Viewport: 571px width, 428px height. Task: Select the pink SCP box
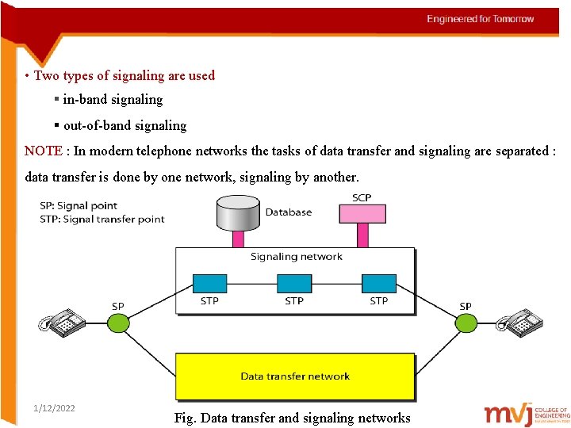pos(362,213)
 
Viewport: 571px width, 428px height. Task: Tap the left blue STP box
pos(209,283)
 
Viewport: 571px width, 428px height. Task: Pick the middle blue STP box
pos(294,283)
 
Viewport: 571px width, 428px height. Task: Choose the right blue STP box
pos(379,283)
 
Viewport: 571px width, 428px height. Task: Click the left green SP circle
pos(118,322)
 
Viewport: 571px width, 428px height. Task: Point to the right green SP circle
pos(466,322)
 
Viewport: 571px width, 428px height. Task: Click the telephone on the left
pos(63,323)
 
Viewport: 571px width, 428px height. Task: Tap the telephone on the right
pos(519,323)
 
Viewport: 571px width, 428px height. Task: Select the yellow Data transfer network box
pos(295,376)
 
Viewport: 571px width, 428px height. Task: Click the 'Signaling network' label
pos(297,257)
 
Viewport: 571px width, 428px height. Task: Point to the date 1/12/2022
pos(55,408)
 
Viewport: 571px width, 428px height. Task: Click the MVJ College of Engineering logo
pos(527,414)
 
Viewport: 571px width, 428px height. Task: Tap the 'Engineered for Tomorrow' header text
pos(481,19)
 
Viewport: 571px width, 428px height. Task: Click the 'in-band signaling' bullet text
pos(113,100)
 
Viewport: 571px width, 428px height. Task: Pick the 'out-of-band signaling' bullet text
pos(125,125)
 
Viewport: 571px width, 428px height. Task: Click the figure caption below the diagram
pos(292,418)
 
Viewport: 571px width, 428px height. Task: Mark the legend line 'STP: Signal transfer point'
pos(102,219)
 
